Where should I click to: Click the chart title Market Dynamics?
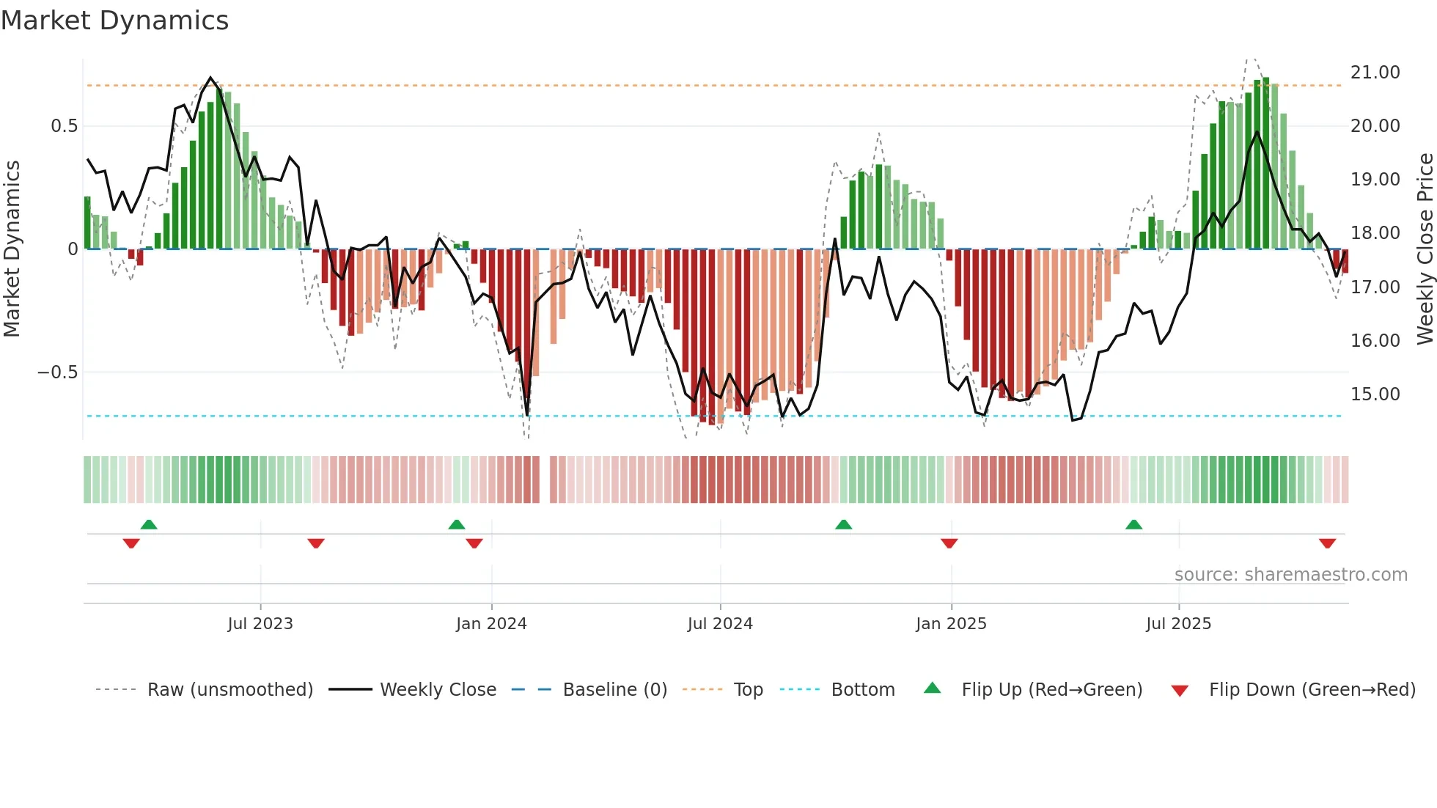pyautogui.click(x=114, y=21)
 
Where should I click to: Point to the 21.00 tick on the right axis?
pyautogui.click(x=1375, y=73)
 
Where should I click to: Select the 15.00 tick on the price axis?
pyautogui.click(x=1375, y=394)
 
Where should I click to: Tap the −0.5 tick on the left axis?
pyautogui.click(x=57, y=372)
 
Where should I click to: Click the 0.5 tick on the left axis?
pyautogui.click(x=64, y=126)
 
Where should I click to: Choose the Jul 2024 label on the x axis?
pyautogui.click(x=720, y=624)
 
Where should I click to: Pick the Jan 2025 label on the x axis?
pyautogui.click(x=951, y=624)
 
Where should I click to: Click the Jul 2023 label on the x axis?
pyautogui.click(x=260, y=624)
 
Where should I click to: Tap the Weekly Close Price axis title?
pyautogui.click(x=1425, y=249)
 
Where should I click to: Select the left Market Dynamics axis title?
pyautogui.click(x=12, y=249)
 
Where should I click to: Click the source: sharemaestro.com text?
pyautogui.click(x=1290, y=575)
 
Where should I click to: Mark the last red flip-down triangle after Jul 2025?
pyautogui.click(x=1327, y=543)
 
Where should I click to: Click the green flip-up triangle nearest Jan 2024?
pyautogui.click(x=457, y=524)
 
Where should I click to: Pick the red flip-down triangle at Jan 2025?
pyautogui.click(x=949, y=543)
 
